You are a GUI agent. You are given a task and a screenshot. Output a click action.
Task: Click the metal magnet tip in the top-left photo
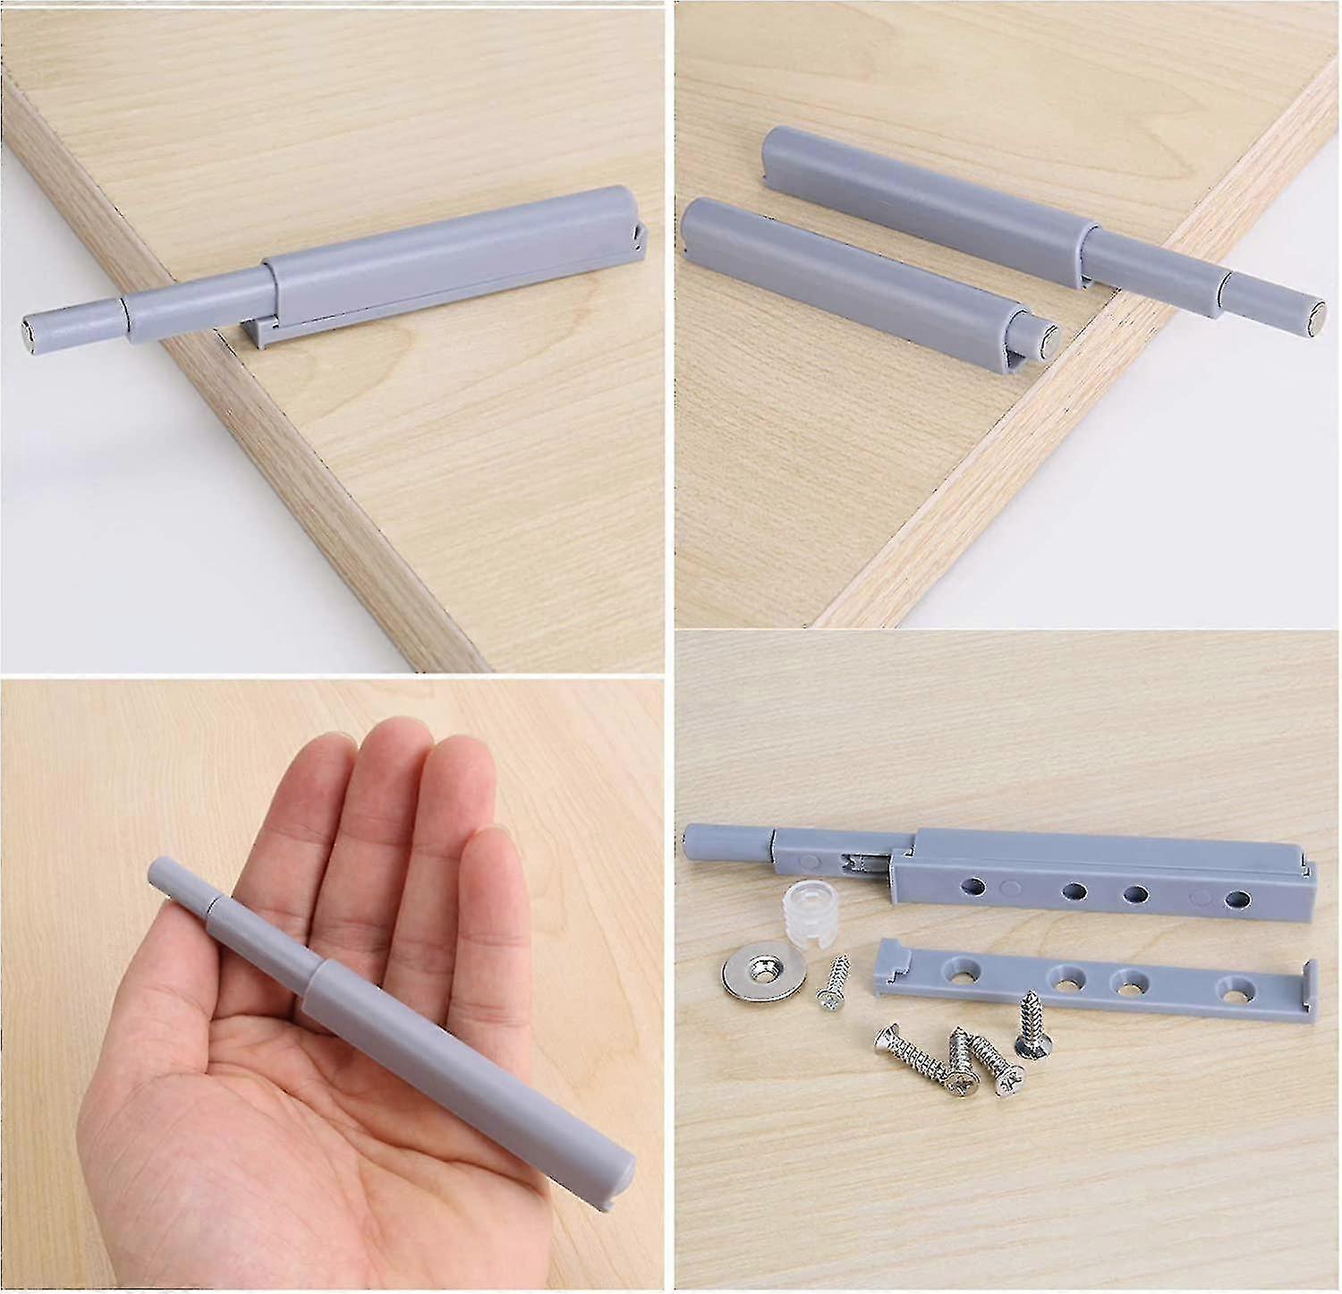point(26,327)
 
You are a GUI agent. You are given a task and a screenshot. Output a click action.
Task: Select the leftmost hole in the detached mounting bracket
point(966,969)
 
